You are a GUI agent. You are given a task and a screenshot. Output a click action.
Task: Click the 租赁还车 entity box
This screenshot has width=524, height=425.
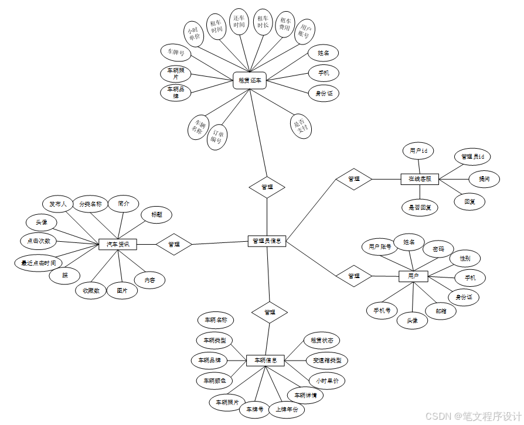point(250,80)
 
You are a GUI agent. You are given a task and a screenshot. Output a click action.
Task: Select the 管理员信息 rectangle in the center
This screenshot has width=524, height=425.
point(267,241)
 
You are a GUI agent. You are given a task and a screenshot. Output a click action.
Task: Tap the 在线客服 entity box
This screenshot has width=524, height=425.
point(420,179)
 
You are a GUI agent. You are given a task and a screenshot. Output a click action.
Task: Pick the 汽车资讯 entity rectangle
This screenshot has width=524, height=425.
point(117,244)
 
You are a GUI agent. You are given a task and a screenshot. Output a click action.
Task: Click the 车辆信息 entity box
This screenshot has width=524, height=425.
point(266,361)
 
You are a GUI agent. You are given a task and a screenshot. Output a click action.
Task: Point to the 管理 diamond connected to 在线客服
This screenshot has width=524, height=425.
point(353,179)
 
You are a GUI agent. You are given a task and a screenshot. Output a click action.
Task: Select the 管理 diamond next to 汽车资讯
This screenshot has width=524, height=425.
point(174,244)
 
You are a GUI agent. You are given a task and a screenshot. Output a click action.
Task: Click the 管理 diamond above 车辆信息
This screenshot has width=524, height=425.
point(270,312)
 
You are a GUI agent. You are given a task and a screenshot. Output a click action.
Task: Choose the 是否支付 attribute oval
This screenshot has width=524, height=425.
point(301,125)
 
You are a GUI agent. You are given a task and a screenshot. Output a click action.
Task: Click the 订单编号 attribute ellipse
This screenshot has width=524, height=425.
point(217,136)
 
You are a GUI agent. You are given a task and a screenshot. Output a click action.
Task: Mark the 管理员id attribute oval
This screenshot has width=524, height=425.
point(472,157)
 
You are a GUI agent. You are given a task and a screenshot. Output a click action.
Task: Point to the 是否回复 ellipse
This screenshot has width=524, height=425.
point(420,207)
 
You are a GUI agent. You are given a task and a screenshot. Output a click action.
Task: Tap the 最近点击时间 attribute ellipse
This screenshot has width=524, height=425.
point(39,263)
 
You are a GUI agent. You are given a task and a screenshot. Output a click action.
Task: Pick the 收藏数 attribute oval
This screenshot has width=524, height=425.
point(91,290)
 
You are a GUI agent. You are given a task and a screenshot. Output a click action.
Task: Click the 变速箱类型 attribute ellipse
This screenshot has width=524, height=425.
point(326,360)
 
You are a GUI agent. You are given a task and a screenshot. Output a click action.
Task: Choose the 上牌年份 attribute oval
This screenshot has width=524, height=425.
point(287,409)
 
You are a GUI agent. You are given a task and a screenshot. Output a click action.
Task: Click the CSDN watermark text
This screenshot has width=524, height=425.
point(473,416)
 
